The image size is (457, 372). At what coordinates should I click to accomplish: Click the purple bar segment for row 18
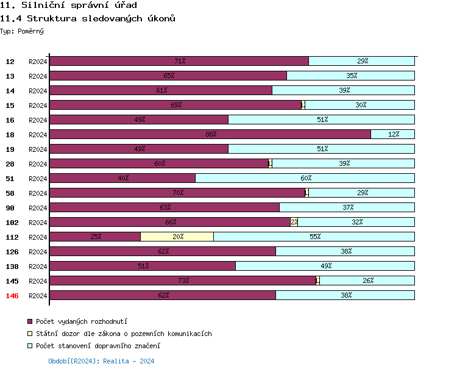pos(210,134)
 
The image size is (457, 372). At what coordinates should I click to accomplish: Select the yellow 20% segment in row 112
pos(177,237)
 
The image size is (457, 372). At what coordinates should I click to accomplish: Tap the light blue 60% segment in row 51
pos(305,178)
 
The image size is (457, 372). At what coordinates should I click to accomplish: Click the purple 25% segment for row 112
pos(95,237)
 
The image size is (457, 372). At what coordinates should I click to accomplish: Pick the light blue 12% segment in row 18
pos(392,134)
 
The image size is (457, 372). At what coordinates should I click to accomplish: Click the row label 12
pos(10,62)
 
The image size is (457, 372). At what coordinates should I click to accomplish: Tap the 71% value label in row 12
pos(180,61)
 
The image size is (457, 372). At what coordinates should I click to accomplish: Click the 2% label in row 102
pos(294,222)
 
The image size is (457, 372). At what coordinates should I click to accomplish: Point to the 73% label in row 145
pos(183,281)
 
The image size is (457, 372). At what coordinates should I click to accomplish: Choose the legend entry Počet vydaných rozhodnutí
pos(81,321)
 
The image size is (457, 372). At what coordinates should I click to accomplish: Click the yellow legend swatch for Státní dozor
pos(29,334)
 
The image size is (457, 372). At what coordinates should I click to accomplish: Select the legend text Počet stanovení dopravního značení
pos(97,346)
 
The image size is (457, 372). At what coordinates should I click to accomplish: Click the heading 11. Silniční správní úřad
pos(64,5)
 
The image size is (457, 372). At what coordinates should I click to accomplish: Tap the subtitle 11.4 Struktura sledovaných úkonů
pos(88,18)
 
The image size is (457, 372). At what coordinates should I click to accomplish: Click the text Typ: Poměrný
pos(22,31)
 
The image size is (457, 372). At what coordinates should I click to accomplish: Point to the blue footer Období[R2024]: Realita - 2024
pos(101,361)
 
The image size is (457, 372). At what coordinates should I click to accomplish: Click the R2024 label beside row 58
pos(38,193)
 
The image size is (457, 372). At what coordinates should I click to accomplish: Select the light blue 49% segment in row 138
pos(325,266)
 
